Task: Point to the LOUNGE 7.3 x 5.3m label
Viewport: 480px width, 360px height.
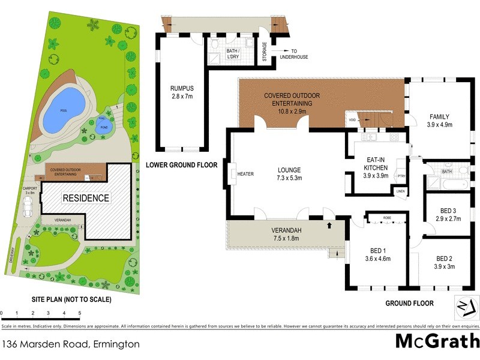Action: pos(289,174)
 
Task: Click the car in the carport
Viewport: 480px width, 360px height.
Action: pos(28,206)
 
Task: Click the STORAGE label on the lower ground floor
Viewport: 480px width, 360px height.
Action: pos(265,52)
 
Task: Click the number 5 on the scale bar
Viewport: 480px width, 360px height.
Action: pos(79,313)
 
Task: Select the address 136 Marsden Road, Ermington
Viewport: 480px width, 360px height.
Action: pos(71,344)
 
